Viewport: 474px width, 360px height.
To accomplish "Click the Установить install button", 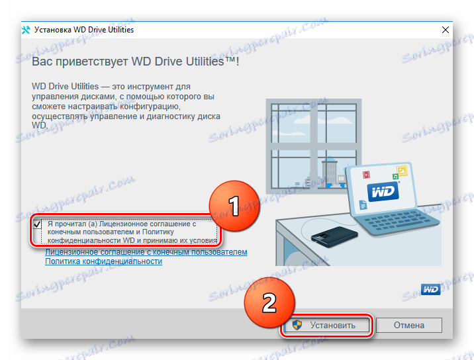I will pyautogui.click(x=326, y=325).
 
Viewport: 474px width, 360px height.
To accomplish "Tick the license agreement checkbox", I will pyautogui.click(x=37, y=224).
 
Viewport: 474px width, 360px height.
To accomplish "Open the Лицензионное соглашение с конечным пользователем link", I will pyautogui.click(x=146, y=252).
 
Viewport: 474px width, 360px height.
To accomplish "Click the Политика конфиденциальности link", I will pyautogui.click(x=103, y=261).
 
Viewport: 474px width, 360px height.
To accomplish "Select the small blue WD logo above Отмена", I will pyautogui.click(x=430, y=289).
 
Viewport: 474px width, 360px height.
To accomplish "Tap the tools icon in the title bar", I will pyautogui.click(x=26, y=30).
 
